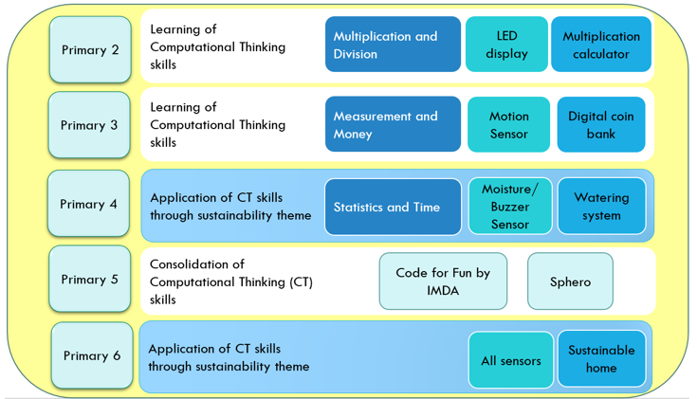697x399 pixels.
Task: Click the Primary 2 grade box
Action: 90,50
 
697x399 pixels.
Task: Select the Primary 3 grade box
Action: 89,125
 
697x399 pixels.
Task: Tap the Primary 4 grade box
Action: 88,204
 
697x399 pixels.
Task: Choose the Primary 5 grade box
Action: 90,279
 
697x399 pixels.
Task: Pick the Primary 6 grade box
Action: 92,355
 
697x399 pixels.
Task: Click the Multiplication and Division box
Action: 393,45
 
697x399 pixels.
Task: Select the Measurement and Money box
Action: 393,124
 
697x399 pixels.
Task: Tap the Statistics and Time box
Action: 393,207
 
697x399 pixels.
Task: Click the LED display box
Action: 506,45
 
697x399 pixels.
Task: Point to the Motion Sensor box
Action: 509,124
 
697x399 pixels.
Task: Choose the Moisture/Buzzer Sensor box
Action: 510,207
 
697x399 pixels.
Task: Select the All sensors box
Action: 511,360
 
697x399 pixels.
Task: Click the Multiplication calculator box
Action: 601,45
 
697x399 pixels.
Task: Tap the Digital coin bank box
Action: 601,124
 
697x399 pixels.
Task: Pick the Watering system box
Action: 601,207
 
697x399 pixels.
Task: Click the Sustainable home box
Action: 601,359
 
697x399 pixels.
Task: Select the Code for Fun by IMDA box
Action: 443,281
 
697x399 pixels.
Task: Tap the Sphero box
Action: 570,281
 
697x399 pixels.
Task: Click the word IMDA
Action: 443,291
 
